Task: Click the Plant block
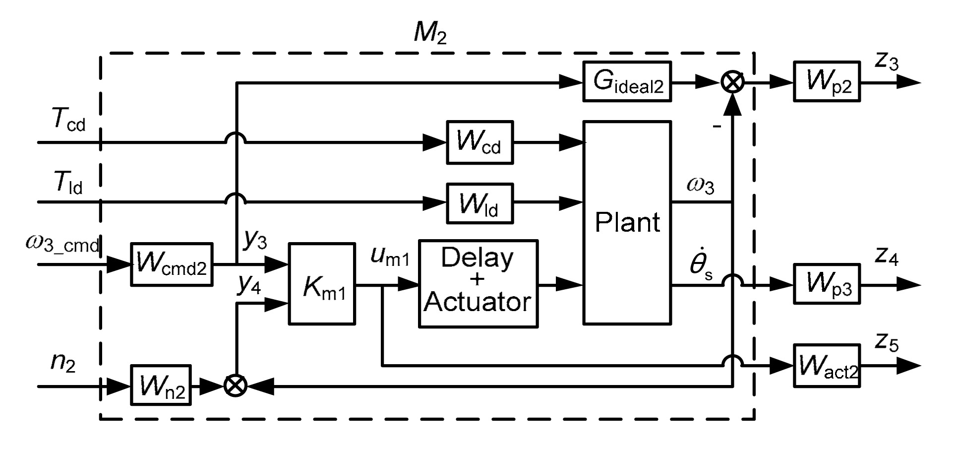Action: pos(627,222)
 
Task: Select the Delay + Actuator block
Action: pos(478,284)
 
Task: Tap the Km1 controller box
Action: pos(322,284)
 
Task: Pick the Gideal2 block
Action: pos(627,82)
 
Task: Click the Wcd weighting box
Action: pos(479,142)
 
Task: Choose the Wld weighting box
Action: pos(479,203)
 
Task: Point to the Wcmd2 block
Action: pos(172,264)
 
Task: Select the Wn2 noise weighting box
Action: pos(161,386)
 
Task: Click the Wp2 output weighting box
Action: pos(826,82)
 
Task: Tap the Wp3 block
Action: pos(826,284)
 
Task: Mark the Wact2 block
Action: pos(826,366)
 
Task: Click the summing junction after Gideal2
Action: pos(732,82)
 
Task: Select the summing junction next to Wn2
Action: pos(236,386)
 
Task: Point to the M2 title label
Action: pos(429,34)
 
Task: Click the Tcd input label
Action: pos(68,120)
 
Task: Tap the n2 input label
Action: pos(63,363)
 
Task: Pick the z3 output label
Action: pos(886,62)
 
